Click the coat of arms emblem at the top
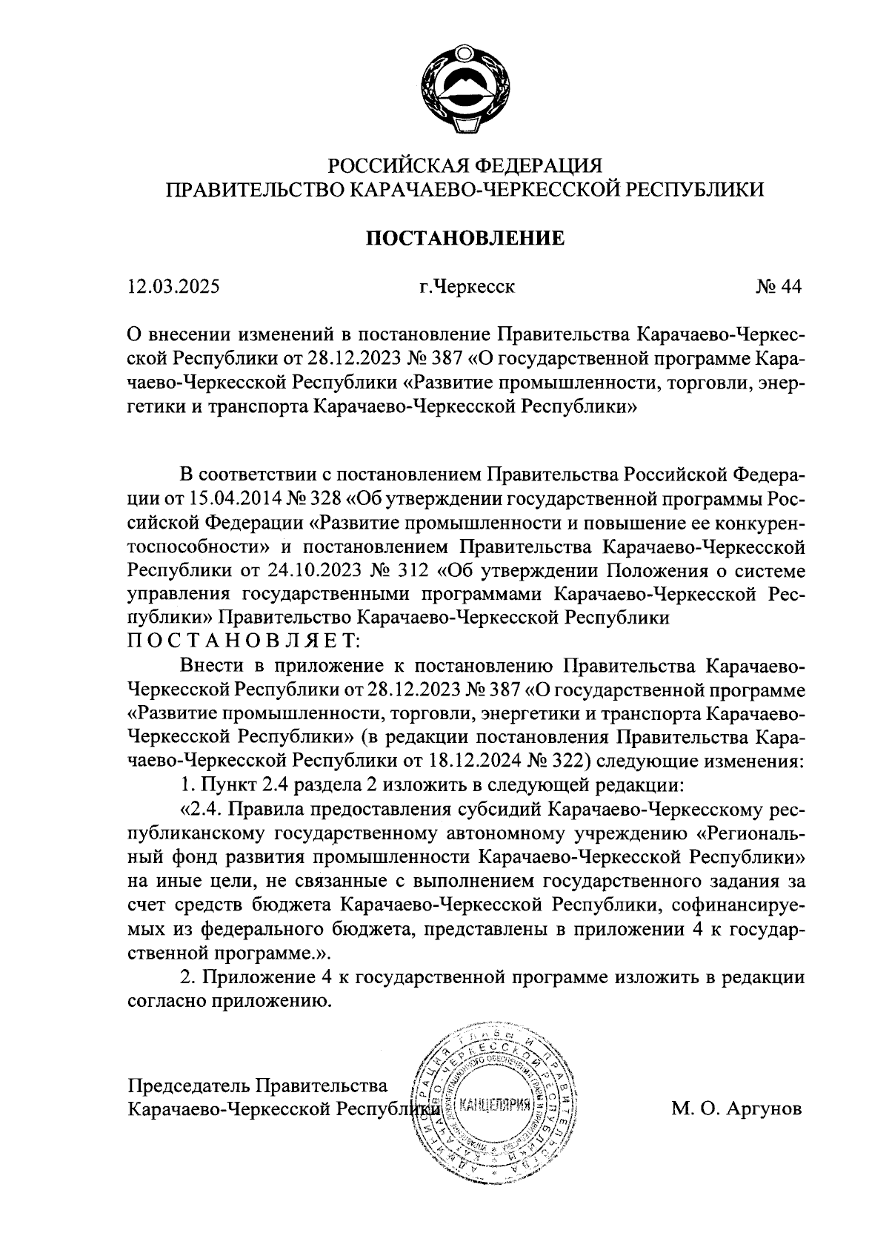465,90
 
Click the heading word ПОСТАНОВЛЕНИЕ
465,239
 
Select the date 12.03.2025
173,286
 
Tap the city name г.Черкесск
465,286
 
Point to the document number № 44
778,286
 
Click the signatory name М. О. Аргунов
736,1109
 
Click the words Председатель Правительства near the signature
258,1085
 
